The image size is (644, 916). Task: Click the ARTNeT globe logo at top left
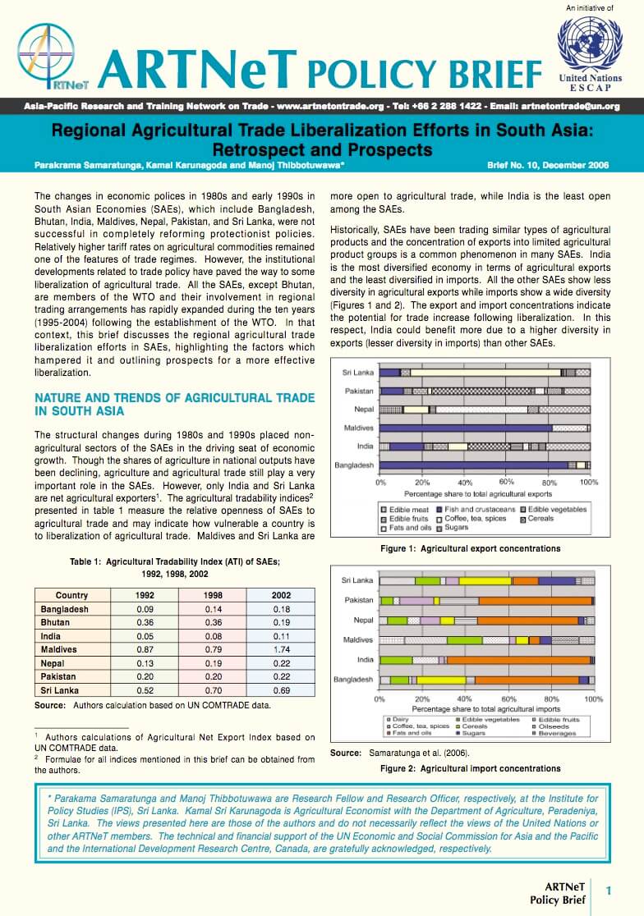(46, 57)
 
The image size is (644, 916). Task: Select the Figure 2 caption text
(470, 768)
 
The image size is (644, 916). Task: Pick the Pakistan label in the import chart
(359, 601)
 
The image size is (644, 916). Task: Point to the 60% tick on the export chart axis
(506, 482)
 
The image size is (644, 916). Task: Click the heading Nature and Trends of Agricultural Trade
(174, 404)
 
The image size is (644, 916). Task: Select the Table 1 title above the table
(175, 567)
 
